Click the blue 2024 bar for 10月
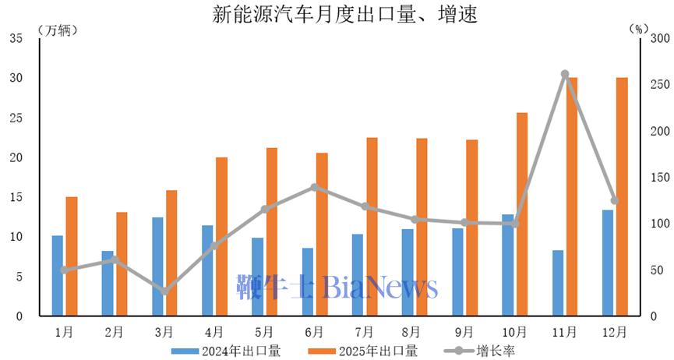[x=508, y=265]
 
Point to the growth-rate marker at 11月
[x=565, y=74]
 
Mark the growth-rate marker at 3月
[x=164, y=291]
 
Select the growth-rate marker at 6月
[x=315, y=187]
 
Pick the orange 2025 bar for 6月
[x=322, y=234]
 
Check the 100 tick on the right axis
[x=659, y=224]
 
